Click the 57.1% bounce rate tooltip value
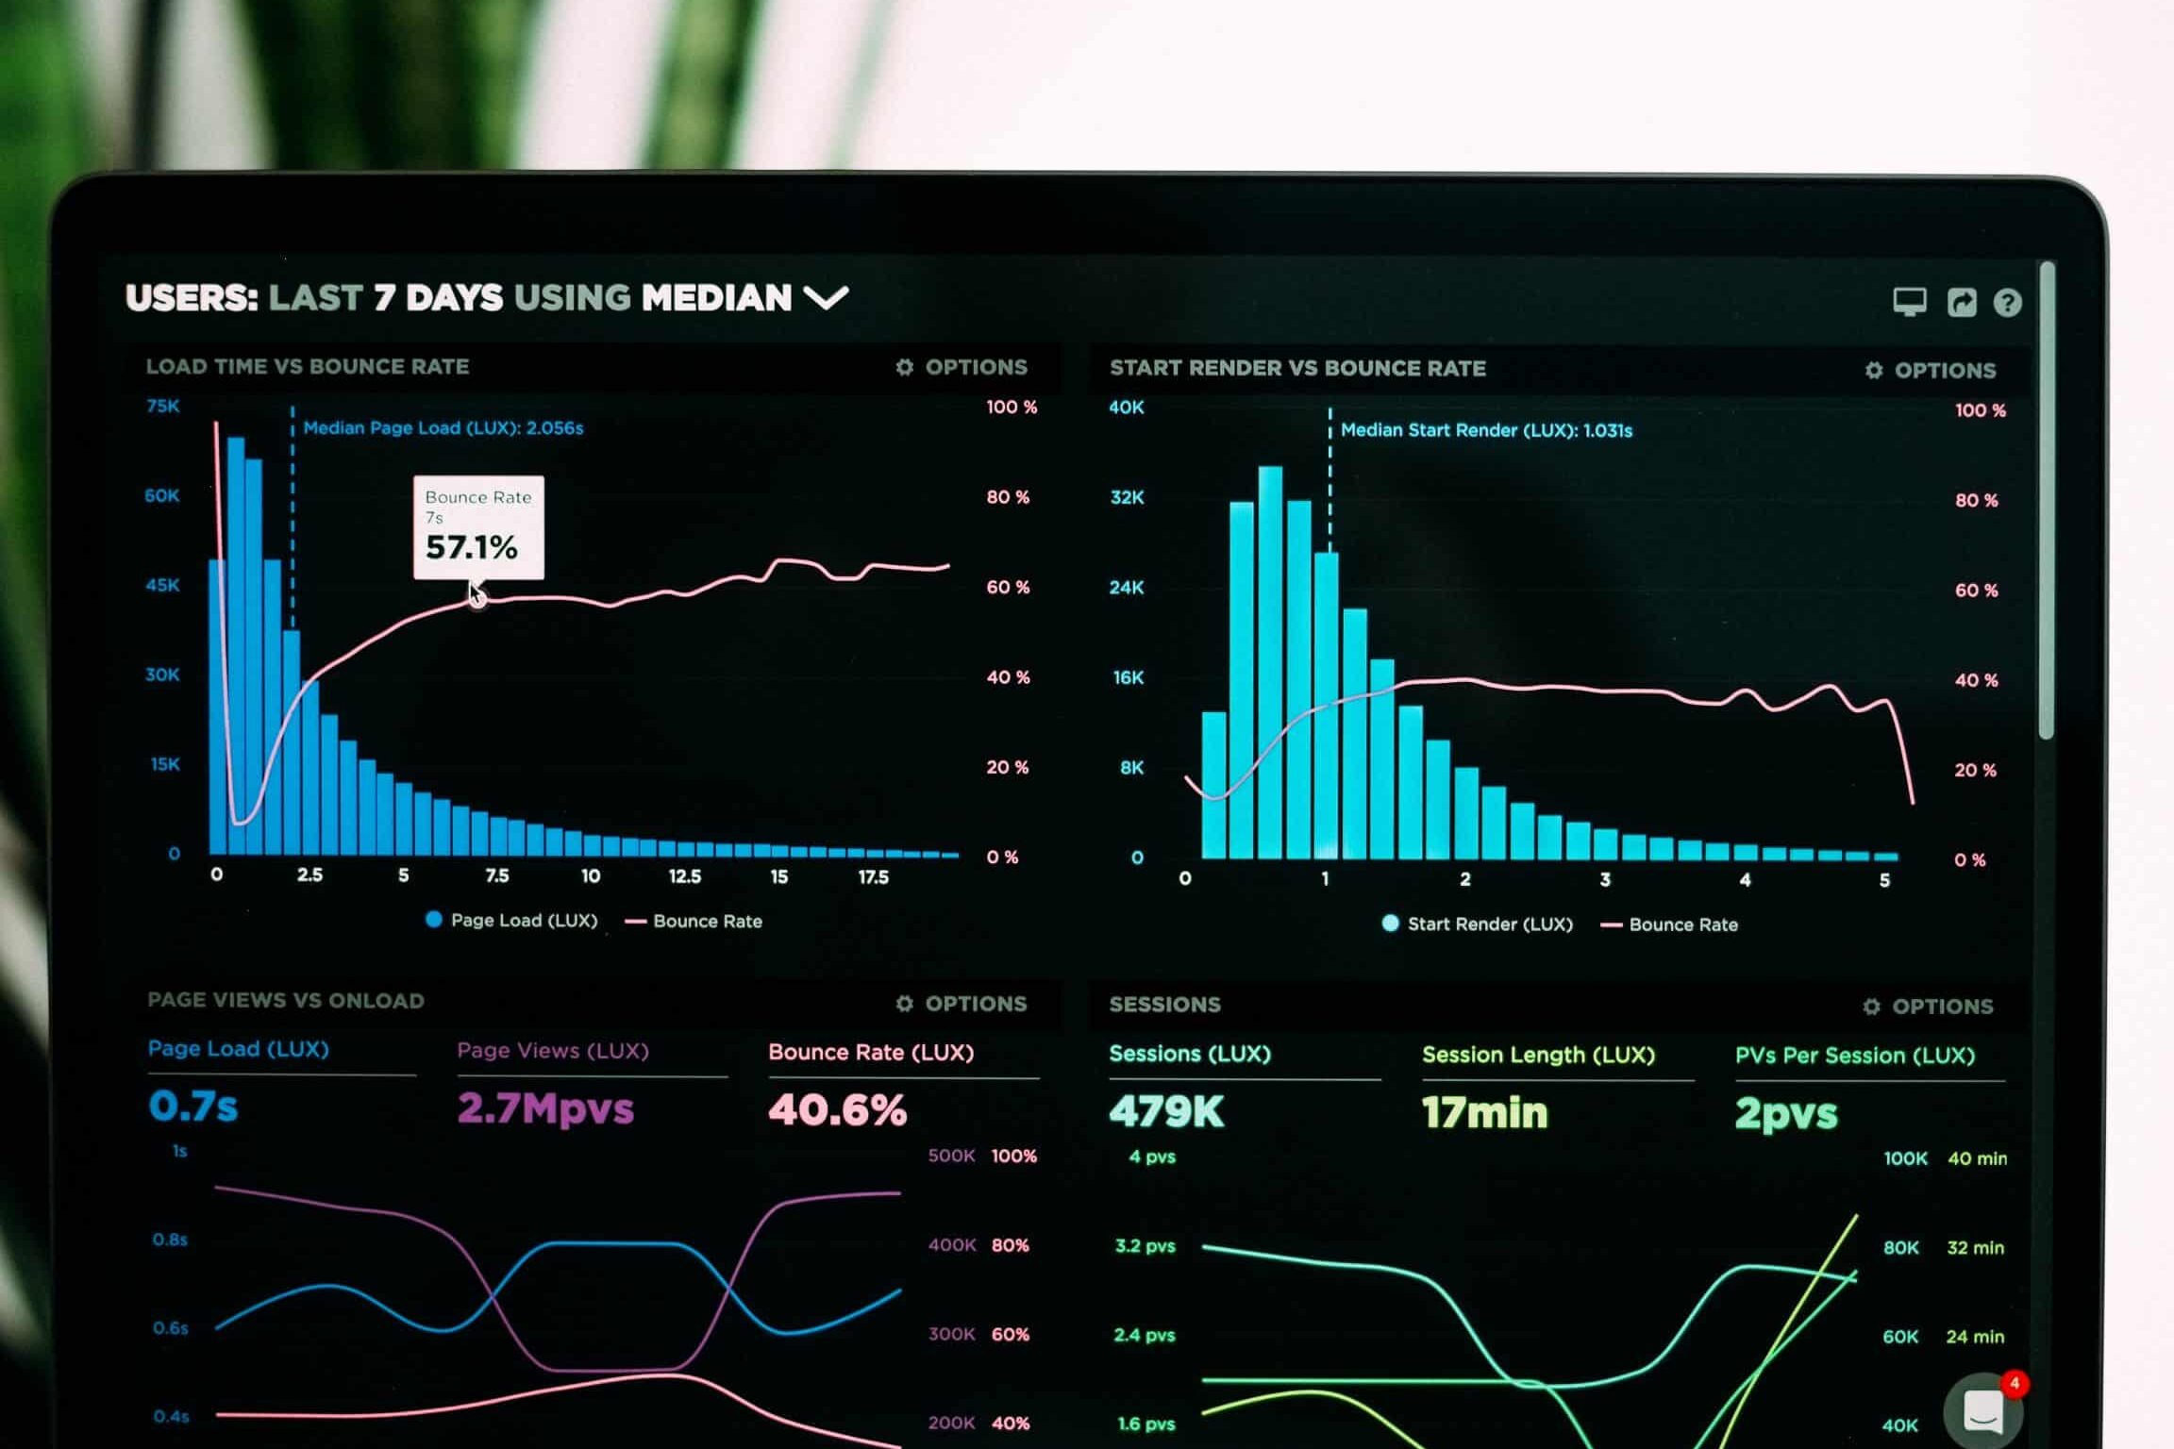(x=472, y=547)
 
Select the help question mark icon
(x=2007, y=302)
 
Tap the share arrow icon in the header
(x=1962, y=302)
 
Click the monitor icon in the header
(x=1910, y=302)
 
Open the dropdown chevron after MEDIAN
(x=826, y=299)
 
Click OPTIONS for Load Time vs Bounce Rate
(x=962, y=367)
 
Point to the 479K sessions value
(x=1166, y=1111)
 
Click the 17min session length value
(x=1485, y=1112)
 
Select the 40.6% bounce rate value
(x=838, y=1109)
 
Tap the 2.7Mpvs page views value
(x=545, y=1108)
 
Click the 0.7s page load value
(x=193, y=1106)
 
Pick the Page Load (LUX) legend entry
(x=511, y=920)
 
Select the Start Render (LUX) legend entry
(x=1477, y=924)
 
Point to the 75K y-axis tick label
(x=162, y=406)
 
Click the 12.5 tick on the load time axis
(x=685, y=876)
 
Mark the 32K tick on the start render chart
(x=1127, y=497)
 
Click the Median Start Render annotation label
(x=1486, y=430)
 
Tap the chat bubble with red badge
(x=1984, y=1410)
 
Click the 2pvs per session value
(x=1786, y=1114)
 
